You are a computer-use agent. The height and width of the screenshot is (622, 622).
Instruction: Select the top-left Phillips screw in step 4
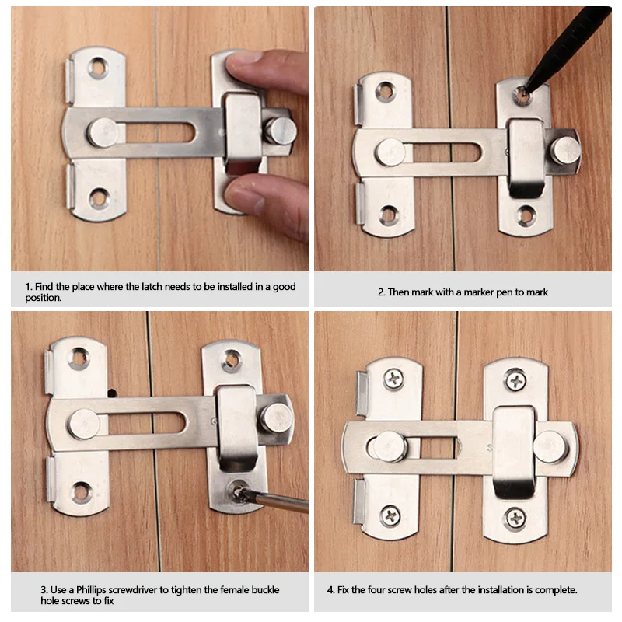click(x=393, y=379)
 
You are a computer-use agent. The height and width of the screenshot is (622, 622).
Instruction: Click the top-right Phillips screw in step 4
click(x=515, y=380)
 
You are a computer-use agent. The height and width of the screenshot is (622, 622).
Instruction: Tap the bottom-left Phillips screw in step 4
click(x=390, y=515)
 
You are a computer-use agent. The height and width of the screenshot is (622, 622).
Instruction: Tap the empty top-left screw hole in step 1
click(x=98, y=68)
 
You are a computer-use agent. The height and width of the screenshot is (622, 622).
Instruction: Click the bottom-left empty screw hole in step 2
click(x=388, y=215)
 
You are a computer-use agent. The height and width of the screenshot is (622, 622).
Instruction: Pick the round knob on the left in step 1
click(x=103, y=132)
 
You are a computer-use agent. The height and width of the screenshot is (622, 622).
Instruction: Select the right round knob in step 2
click(x=565, y=150)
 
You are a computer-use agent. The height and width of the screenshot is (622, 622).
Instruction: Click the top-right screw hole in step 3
click(x=231, y=358)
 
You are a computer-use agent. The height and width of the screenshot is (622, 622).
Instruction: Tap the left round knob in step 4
click(x=388, y=447)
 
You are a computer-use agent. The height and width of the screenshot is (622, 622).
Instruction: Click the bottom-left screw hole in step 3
click(x=81, y=491)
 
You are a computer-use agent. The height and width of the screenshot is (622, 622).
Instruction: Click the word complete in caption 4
click(x=551, y=590)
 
